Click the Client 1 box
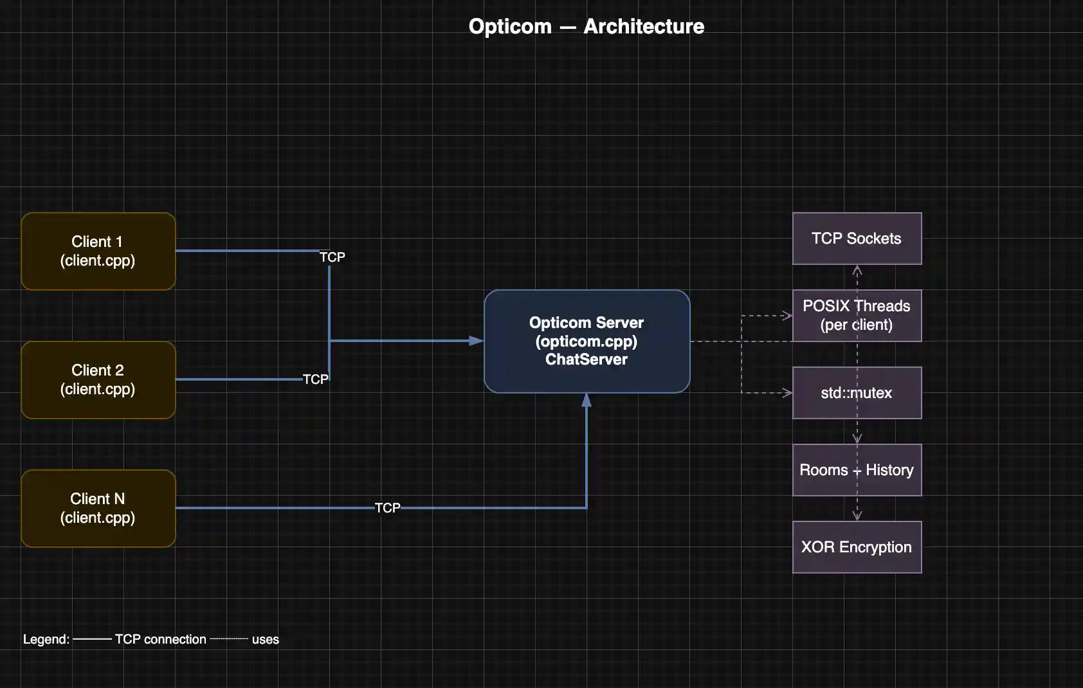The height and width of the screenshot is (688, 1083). (x=98, y=251)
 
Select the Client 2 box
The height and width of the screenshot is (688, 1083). (x=98, y=380)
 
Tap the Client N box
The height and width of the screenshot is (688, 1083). (x=98, y=509)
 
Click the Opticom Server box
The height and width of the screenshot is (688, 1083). (x=587, y=341)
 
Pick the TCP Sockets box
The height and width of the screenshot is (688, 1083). (x=857, y=239)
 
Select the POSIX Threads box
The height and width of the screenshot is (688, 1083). (x=857, y=316)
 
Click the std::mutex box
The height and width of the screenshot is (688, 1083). (x=857, y=393)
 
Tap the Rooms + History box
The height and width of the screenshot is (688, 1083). (x=857, y=470)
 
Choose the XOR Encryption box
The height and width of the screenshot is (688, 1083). (x=857, y=547)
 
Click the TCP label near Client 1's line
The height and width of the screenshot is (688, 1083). (x=332, y=257)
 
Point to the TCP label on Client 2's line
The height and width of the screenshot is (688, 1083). (x=315, y=379)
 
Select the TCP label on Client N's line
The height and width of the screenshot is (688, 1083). (x=387, y=508)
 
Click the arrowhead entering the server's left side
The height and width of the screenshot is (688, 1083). (x=477, y=341)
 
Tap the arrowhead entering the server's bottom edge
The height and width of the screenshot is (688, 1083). (x=587, y=400)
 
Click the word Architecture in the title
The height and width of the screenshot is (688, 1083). (x=644, y=26)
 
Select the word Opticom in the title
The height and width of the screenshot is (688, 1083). (x=510, y=26)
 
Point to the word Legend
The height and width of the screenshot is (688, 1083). (x=46, y=639)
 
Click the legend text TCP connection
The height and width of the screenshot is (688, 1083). (x=160, y=639)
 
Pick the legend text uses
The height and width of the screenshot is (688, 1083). (x=265, y=639)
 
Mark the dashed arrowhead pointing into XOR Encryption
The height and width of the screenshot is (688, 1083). (x=857, y=516)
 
